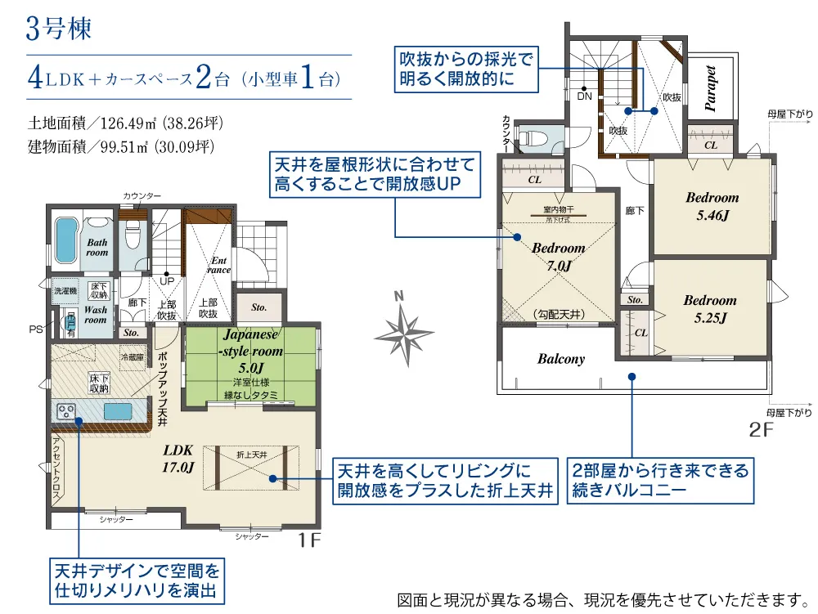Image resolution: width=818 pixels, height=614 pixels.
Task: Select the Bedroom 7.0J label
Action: point(558,256)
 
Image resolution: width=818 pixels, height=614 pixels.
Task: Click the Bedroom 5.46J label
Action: point(712,204)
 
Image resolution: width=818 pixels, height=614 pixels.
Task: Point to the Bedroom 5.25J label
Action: point(710,308)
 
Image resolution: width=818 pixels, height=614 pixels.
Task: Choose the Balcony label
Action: point(561,359)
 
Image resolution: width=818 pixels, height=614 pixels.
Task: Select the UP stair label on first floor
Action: point(166,280)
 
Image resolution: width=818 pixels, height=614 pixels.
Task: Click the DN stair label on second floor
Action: point(584,96)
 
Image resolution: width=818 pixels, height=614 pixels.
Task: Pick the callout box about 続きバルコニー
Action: point(658,480)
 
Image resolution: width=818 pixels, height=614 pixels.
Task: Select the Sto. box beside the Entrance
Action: point(259,308)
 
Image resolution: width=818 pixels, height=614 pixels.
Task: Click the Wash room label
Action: point(96,315)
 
